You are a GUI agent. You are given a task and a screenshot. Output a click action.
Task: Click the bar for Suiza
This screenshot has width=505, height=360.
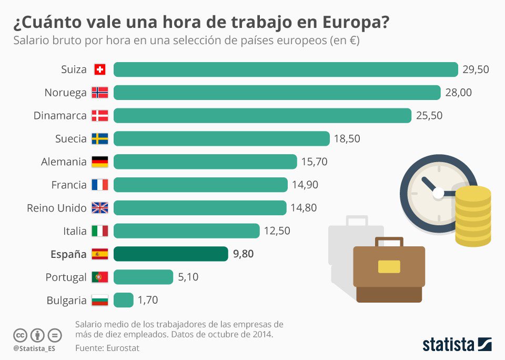[x=286, y=69]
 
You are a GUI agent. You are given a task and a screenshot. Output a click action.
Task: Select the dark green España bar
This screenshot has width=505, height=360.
[x=171, y=254]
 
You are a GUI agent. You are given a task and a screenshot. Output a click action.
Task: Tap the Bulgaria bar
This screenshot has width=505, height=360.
[x=123, y=300]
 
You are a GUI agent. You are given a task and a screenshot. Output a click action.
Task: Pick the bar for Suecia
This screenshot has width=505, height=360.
[x=221, y=139]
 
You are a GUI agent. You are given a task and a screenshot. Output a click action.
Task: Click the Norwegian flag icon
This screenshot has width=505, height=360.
[x=99, y=93]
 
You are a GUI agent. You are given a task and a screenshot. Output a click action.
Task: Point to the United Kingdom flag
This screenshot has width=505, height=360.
[x=99, y=208]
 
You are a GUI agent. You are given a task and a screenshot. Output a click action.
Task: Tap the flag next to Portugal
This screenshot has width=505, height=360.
[x=99, y=277]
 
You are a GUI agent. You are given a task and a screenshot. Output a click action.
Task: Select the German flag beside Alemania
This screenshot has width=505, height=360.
[x=99, y=162]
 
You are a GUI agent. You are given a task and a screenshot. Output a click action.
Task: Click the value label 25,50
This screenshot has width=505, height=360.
[x=429, y=116]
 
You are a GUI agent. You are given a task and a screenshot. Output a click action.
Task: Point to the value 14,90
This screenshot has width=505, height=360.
[x=305, y=185]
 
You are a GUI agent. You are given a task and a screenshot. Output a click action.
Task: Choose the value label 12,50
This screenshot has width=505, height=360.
[x=277, y=231]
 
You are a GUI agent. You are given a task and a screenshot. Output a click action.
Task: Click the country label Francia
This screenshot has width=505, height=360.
[x=69, y=185]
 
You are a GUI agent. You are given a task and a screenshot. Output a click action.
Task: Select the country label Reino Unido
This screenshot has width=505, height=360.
[x=57, y=208]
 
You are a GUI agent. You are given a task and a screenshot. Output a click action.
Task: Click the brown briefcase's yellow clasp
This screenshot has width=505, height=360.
[x=389, y=266]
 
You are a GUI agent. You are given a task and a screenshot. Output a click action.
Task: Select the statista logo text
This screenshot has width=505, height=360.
[x=448, y=345]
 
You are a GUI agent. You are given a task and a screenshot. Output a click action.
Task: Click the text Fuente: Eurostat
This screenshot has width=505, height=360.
[x=107, y=348]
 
